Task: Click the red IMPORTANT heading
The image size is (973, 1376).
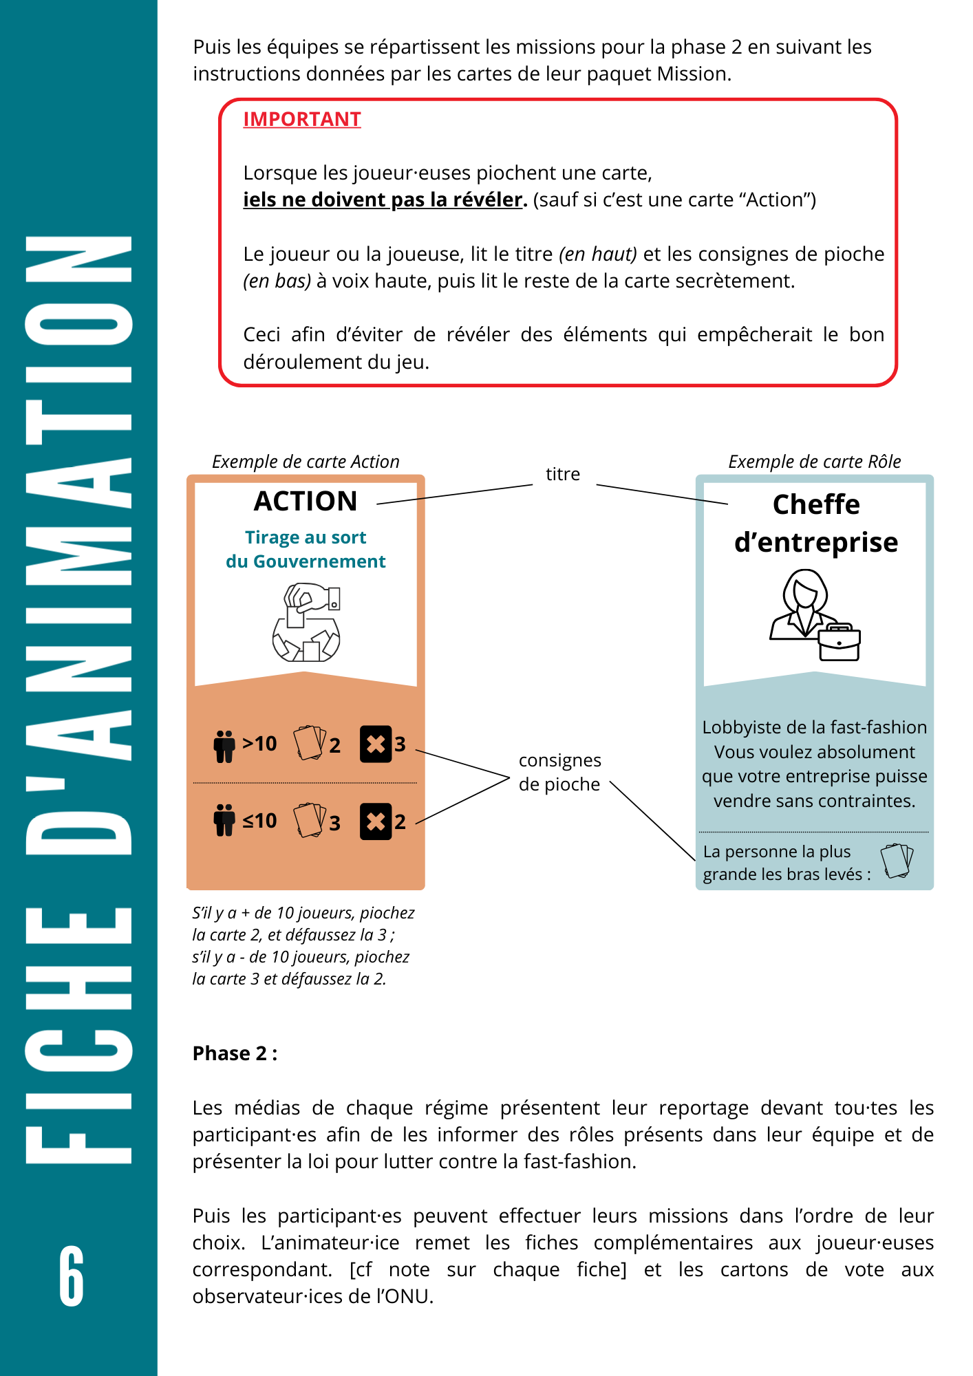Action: click(301, 119)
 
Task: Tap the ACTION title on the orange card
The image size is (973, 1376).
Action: click(306, 502)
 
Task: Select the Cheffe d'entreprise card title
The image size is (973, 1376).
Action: click(815, 523)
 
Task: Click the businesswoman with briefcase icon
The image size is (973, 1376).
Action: click(815, 615)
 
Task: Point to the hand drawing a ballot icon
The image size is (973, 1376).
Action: click(306, 622)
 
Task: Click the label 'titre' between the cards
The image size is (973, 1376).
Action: click(562, 474)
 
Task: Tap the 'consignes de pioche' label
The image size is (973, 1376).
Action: click(559, 772)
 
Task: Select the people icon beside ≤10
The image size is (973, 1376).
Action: click(224, 820)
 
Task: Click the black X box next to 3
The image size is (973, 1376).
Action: click(376, 744)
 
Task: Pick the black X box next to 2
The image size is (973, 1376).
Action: click(376, 821)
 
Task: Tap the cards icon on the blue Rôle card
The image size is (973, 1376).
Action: click(897, 861)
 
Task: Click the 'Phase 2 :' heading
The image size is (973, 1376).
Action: click(235, 1053)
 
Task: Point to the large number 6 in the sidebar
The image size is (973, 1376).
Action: click(72, 1276)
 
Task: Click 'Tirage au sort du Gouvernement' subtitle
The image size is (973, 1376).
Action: click(306, 549)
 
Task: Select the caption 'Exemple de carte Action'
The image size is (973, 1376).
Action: click(306, 462)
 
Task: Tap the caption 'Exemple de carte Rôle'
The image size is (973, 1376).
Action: click(814, 462)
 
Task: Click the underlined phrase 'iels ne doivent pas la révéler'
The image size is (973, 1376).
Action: click(383, 200)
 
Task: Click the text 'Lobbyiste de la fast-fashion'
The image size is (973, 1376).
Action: click(814, 727)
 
